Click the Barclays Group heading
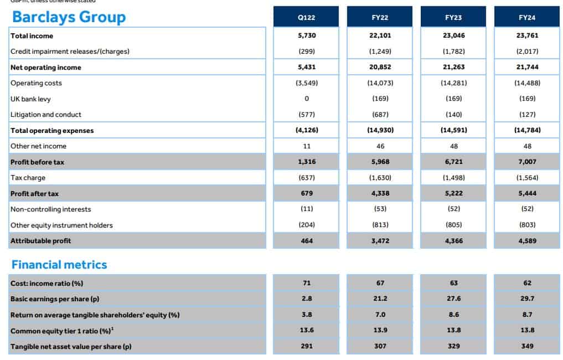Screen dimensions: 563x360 click(x=69, y=17)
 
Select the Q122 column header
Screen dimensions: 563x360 click(x=306, y=17)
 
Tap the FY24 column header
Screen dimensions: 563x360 click(x=526, y=17)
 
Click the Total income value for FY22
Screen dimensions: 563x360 click(x=380, y=35)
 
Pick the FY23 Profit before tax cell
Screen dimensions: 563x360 click(x=453, y=162)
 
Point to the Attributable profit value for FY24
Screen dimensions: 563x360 click(x=527, y=241)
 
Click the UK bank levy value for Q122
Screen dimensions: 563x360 click(x=307, y=99)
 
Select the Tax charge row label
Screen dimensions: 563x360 click(x=28, y=178)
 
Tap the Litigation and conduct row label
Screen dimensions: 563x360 click(x=46, y=115)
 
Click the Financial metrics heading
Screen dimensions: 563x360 click(x=59, y=265)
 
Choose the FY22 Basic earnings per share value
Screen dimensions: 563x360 click(x=380, y=299)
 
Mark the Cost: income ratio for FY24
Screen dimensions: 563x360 click(x=527, y=283)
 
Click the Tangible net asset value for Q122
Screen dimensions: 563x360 click(x=307, y=346)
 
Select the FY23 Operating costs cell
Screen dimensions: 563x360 click(x=454, y=83)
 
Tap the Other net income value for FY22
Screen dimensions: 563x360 click(x=380, y=146)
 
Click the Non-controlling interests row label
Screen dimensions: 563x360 click(x=50, y=209)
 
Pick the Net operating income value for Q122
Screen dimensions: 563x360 click(x=306, y=67)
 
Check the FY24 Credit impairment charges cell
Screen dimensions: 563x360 click(x=527, y=52)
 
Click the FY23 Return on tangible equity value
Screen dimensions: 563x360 click(x=454, y=315)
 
